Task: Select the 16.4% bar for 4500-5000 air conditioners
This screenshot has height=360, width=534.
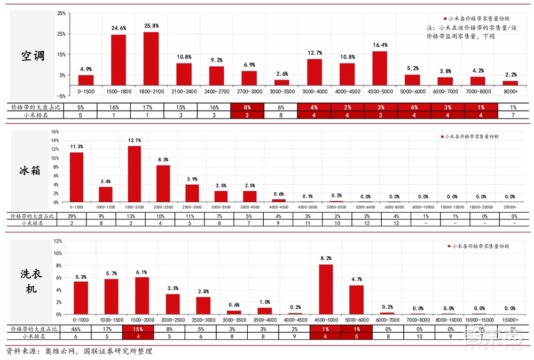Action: click(380, 68)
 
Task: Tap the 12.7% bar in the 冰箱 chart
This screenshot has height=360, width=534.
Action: click(134, 174)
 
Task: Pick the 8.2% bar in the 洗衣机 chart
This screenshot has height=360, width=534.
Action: click(326, 289)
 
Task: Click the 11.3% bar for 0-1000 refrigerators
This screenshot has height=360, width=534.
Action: click(76, 177)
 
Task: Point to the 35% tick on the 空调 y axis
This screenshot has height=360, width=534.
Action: click(61, 13)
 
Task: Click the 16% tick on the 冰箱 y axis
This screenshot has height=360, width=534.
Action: click(55, 131)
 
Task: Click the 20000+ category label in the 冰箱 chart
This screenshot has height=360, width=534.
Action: click(510, 206)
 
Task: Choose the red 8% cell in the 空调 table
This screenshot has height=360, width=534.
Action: click(247, 107)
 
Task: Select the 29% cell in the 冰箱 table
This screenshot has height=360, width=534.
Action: click(76, 216)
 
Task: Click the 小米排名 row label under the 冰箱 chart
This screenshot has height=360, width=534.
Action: click(32, 223)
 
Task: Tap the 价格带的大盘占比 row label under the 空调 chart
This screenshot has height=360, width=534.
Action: click(32, 107)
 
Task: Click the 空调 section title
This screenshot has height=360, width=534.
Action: click(33, 56)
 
